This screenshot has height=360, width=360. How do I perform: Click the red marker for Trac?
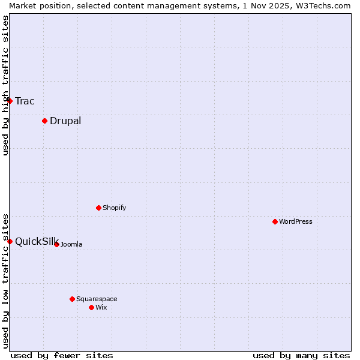coord(10,101)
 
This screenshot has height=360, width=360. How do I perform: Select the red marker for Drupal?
coord(44,121)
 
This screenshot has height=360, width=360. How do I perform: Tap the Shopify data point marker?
coord(98,208)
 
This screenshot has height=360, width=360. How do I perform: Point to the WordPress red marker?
coord(275,221)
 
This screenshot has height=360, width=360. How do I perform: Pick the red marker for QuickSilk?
coord(10,241)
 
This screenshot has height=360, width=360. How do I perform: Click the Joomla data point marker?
coord(56,244)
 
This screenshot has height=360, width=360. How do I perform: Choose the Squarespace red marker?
coord(72,299)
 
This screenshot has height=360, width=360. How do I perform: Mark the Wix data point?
coord(91,307)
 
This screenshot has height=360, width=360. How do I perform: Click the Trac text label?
coord(25,101)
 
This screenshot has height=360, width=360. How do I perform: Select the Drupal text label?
coord(65,121)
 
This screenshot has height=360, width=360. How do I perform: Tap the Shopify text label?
coord(114,208)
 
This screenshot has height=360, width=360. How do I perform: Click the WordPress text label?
coord(296,221)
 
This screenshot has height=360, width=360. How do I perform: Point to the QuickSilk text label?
coord(36,241)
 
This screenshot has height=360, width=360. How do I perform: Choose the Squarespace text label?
coord(97,299)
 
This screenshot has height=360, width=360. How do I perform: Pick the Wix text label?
coord(101,307)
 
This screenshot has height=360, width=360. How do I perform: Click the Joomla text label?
coord(71,244)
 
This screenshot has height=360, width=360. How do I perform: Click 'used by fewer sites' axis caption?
coord(62,355)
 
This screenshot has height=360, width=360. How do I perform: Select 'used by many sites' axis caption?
coord(301,355)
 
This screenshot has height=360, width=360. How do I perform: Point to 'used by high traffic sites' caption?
coord(5,85)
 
